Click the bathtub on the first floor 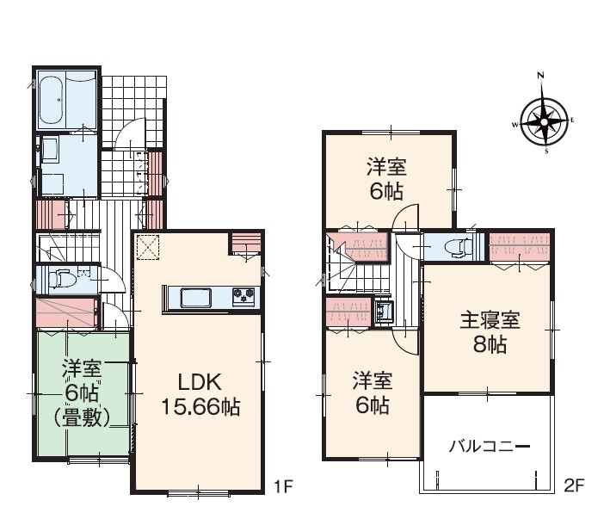(x=52, y=100)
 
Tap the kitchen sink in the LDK (x=195, y=298)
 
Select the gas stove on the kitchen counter (x=243, y=297)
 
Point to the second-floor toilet (x=458, y=247)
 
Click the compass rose (x=544, y=122)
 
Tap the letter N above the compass (x=541, y=76)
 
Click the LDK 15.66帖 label (x=200, y=394)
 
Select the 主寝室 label (x=490, y=320)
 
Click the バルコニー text (x=490, y=447)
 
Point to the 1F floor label (x=284, y=486)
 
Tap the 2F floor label (x=574, y=485)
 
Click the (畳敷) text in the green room (x=82, y=417)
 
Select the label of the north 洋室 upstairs (x=386, y=179)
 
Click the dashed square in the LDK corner (x=148, y=247)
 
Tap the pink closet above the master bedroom (x=519, y=247)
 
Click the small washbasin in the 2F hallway (x=383, y=310)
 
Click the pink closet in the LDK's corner (x=246, y=243)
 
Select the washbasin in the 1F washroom (x=49, y=149)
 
